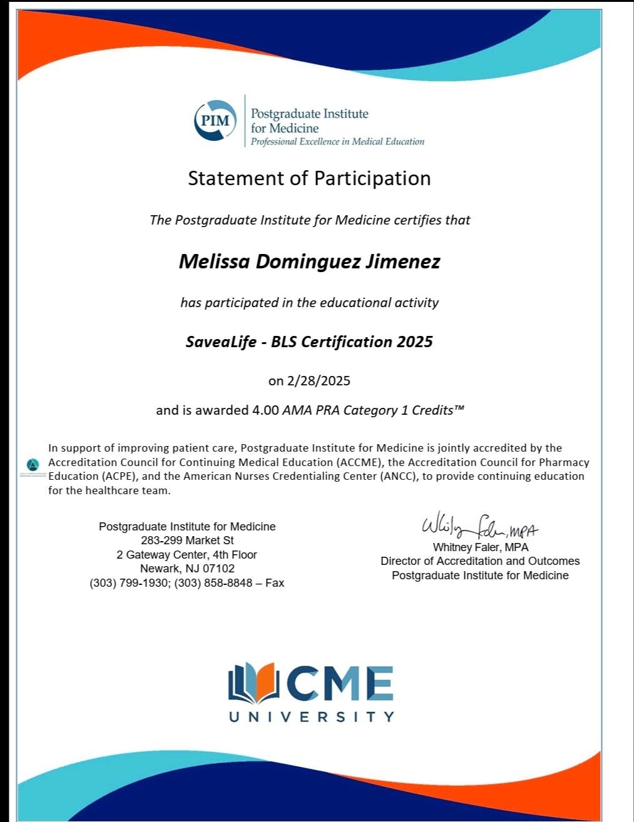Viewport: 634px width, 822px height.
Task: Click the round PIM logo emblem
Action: point(215,120)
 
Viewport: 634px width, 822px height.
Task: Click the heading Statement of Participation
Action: point(309,178)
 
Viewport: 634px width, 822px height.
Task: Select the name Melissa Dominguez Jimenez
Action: point(309,261)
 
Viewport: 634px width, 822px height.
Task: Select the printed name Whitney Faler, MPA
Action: point(480,547)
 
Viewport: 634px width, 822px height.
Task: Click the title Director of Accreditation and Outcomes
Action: point(480,561)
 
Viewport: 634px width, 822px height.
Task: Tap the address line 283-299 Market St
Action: point(187,540)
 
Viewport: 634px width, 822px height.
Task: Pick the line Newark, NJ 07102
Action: point(187,569)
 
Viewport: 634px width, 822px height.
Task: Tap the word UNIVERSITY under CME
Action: point(311,717)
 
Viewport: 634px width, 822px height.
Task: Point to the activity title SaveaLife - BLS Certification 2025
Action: point(309,342)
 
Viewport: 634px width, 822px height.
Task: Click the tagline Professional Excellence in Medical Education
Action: point(337,142)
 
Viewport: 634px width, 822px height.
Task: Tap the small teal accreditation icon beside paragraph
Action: point(34,465)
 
